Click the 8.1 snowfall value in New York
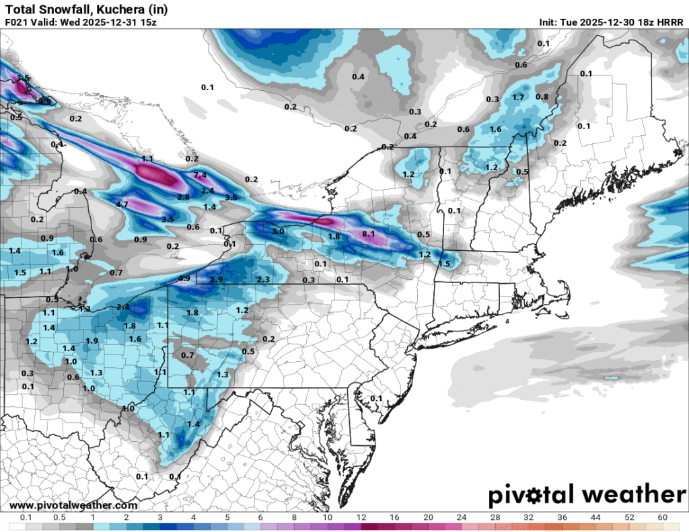[368, 234]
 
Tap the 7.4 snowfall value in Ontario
[200, 175]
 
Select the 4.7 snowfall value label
[122, 204]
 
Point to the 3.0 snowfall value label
[278, 231]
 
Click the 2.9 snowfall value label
[216, 279]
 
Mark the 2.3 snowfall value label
[263, 279]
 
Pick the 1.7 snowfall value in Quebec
[518, 98]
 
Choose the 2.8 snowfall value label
[183, 196]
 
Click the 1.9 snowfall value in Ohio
[92, 341]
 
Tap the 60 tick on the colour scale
[663, 517]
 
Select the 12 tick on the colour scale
[361, 517]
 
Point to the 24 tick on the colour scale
[462, 517]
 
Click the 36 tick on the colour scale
[563, 517]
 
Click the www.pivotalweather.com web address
[74, 505]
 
